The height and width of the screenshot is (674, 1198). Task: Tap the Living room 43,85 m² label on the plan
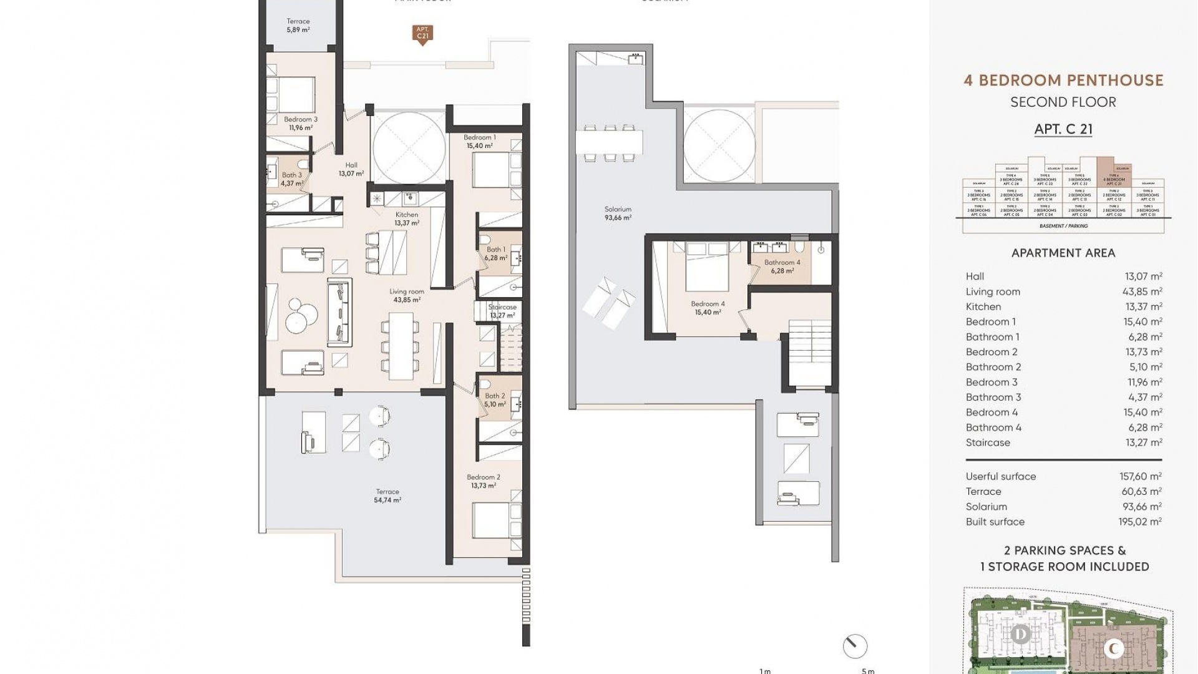point(406,295)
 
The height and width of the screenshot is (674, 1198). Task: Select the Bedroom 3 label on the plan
point(300,123)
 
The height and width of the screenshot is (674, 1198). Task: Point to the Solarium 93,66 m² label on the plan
point(618,213)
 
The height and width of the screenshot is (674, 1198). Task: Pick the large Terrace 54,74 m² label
point(387,496)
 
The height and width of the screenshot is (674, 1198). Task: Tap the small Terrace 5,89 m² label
point(298,26)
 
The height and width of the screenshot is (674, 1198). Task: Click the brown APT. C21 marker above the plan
point(422,33)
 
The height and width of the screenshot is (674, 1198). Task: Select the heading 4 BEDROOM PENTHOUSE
point(1063,81)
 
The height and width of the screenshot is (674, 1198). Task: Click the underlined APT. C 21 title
point(1063,129)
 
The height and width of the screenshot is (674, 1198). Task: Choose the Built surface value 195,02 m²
point(1140,522)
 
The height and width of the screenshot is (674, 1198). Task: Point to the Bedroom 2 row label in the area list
point(991,352)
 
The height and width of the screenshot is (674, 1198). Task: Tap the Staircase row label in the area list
point(988,442)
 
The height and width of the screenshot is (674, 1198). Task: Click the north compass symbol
point(855,646)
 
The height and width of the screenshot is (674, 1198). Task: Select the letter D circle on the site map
point(1021,635)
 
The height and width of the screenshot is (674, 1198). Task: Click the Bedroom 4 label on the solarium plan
point(708,308)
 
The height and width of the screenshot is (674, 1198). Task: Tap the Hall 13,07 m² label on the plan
point(351,169)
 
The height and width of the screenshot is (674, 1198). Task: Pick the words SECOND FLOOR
point(1063,102)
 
